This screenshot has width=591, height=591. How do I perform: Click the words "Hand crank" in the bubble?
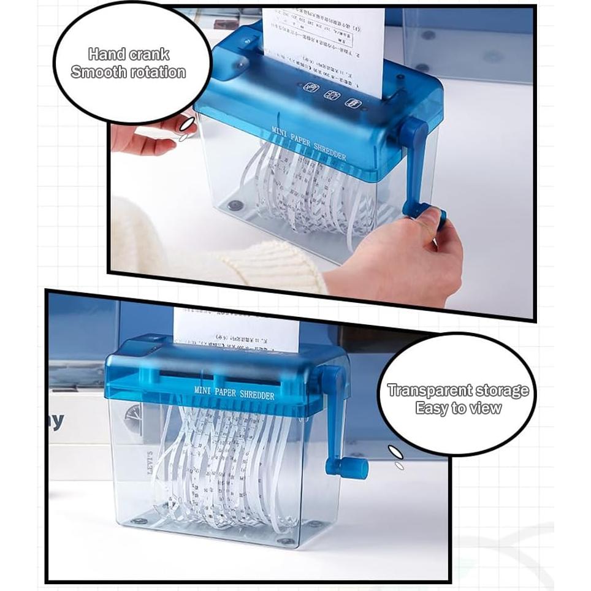pyautogui.click(x=128, y=55)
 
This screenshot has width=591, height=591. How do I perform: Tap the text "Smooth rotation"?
pyautogui.click(x=128, y=72)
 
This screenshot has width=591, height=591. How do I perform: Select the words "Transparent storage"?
pyautogui.click(x=458, y=391)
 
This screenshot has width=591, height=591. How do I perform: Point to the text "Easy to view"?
pyautogui.click(x=458, y=408)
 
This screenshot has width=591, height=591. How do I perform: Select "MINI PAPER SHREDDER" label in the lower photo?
pyautogui.click(x=234, y=392)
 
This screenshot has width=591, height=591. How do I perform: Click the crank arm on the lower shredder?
pyautogui.click(x=333, y=417)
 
